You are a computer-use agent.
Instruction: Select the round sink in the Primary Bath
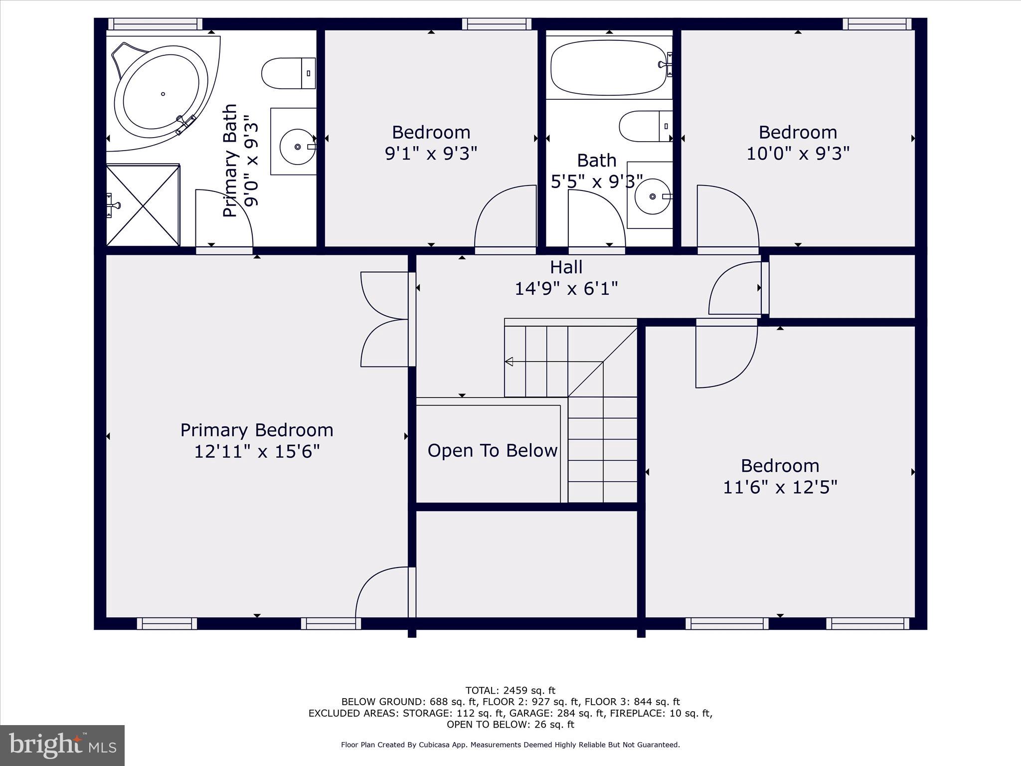point(298,146)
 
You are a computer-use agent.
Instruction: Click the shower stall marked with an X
point(144,205)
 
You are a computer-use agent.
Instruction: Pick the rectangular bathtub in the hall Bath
point(608,68)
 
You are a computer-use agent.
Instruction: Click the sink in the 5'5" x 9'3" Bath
point(652,196)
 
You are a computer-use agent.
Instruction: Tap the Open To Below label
point(492,451)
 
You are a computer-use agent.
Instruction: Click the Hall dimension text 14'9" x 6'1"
point(566,288)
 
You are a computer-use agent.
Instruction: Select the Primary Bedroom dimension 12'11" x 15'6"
point(256,452)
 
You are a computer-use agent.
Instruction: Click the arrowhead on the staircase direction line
point(509,362)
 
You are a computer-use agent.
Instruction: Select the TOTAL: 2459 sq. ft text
point(510,691)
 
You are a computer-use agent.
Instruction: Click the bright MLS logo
point(62,746)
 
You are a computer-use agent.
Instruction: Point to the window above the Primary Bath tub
point(155,24)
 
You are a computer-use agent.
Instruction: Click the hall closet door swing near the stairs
point(735,289)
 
